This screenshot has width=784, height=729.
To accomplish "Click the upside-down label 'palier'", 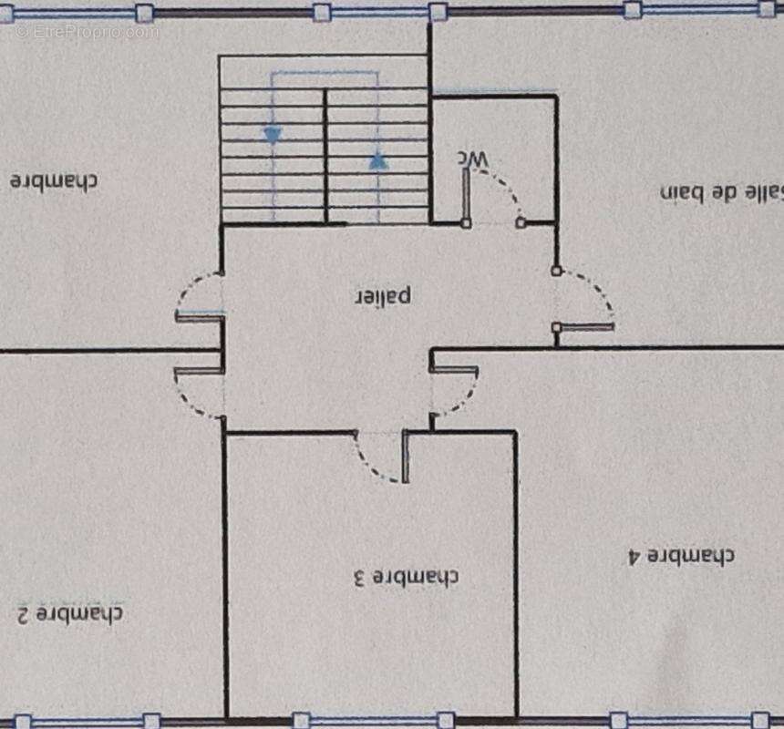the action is [x=384, y=297].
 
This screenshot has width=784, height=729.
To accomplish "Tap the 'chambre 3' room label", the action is [x=405, y=577].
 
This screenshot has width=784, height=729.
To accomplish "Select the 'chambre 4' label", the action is [x=681, y=556].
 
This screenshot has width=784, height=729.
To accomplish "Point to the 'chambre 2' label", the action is [x=69, y=613].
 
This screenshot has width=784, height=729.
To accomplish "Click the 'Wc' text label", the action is [x=473, y=159].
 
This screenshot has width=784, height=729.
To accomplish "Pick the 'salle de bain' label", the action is [x=721, y=192].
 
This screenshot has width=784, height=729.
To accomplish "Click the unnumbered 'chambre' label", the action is [x=54, y=180].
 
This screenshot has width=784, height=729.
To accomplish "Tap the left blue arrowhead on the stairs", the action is [x=273, y=135].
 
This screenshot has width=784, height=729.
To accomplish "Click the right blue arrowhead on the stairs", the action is [x=378, y=161].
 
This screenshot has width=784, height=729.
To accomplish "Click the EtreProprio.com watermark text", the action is [x=87, y=33].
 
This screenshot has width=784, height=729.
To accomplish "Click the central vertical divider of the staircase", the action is [x=325, y=156].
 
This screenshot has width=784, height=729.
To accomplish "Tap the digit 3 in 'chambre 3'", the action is [x=359, y=578].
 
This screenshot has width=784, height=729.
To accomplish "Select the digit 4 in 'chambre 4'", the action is [x=634, y=556].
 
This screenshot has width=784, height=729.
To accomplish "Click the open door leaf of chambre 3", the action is [x=405, y=457].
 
